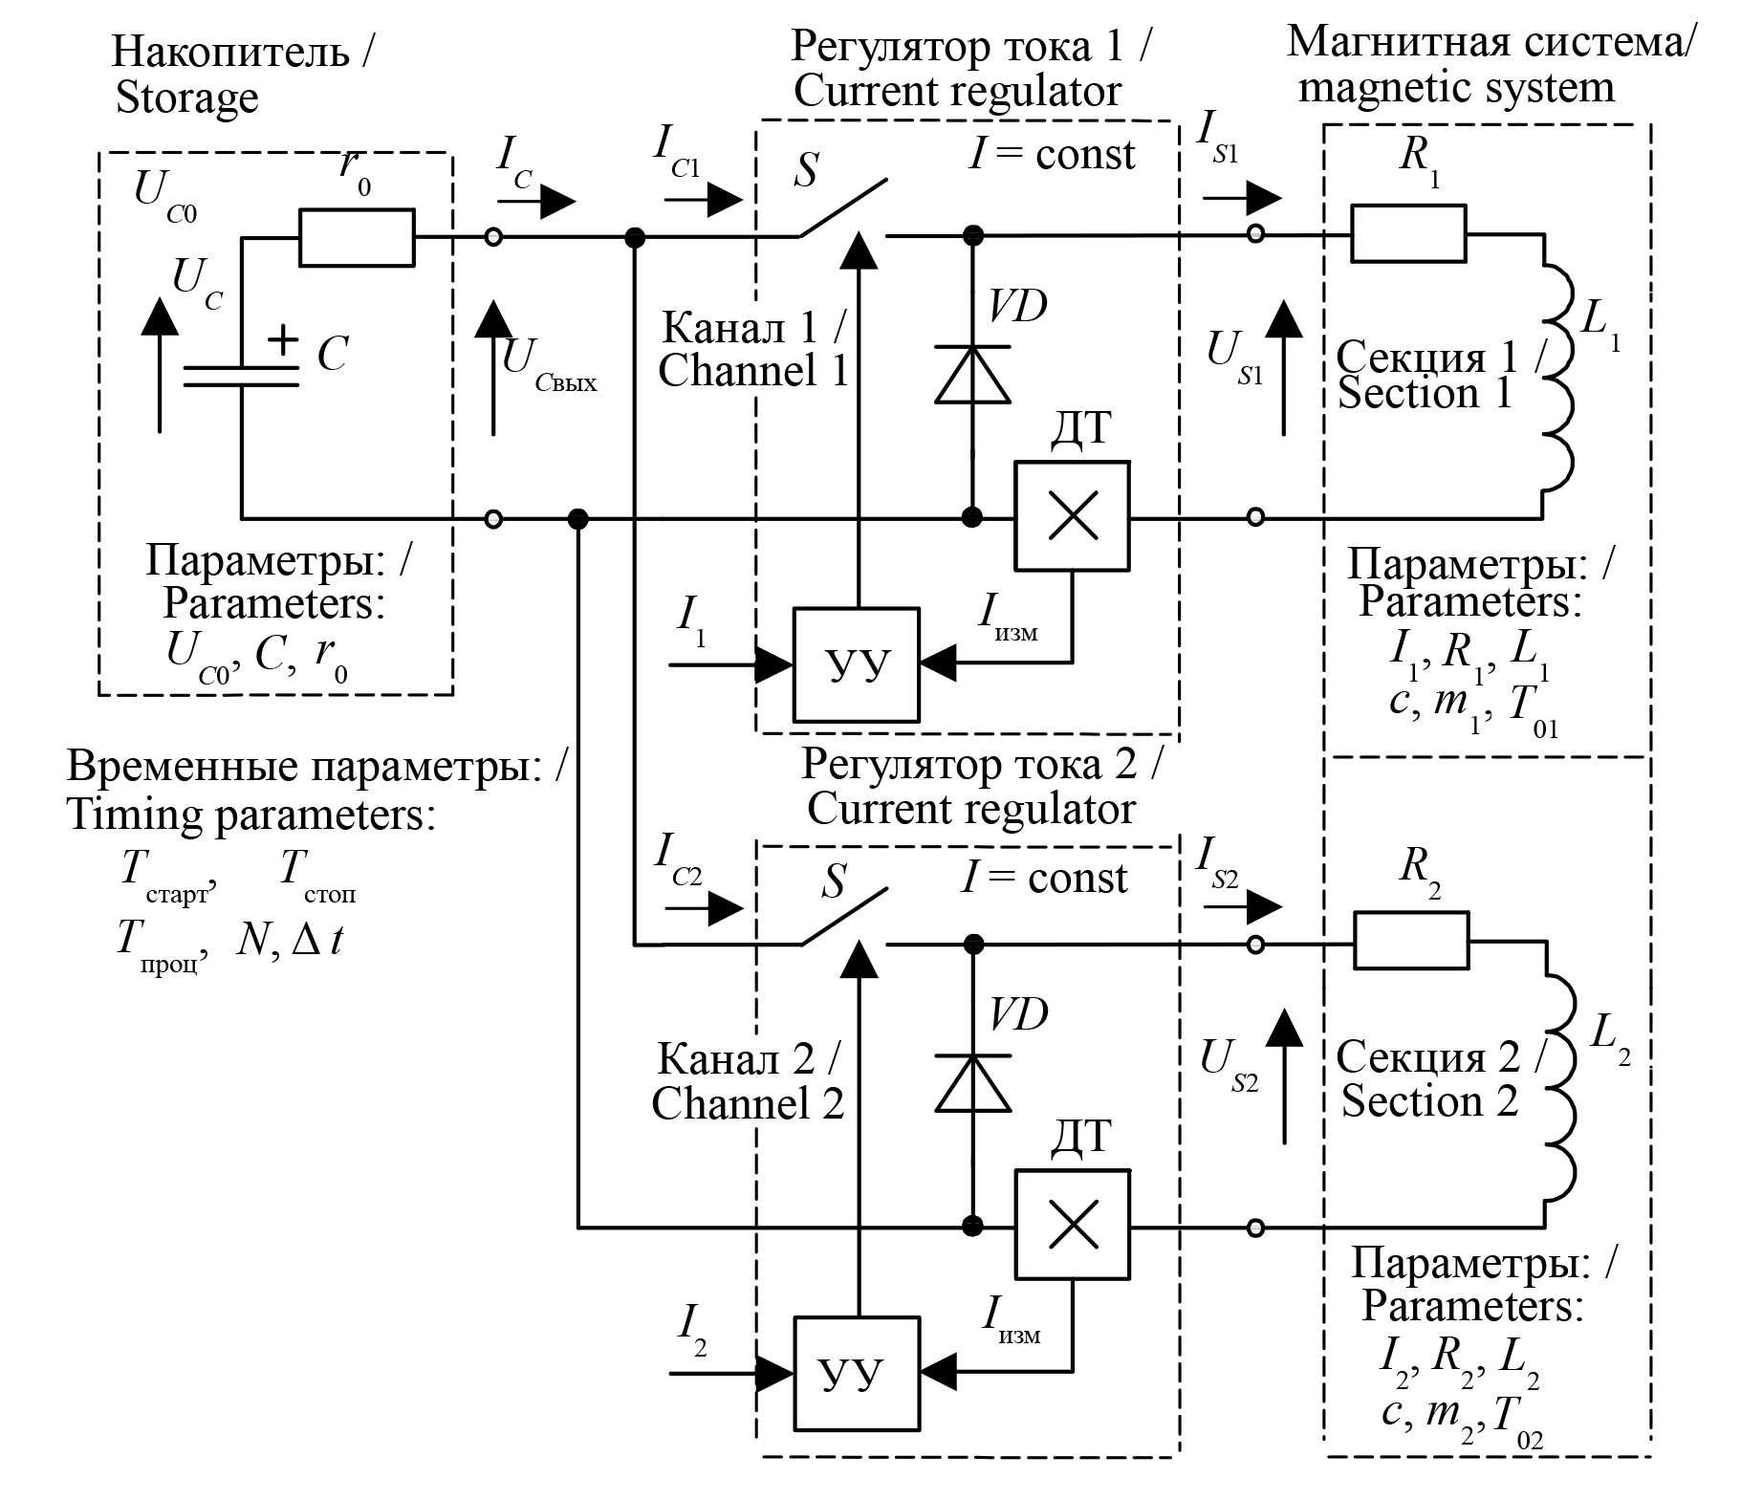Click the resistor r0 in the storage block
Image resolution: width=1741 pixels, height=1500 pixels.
(358, 237)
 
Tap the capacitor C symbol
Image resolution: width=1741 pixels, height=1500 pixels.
(241, 377)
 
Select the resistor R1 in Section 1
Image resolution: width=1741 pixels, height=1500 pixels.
(1407, 233)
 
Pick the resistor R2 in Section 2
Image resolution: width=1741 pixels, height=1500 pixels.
(1410, 941)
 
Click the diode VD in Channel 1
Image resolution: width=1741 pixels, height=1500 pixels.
(972, 375)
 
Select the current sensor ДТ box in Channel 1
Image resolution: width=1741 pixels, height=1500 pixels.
(1072, 516)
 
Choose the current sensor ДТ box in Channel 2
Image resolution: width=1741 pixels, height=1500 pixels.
(1072, 1225)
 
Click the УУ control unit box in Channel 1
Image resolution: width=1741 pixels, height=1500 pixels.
(856, 663)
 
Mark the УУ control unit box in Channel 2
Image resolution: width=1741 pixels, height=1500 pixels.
(857, 1373)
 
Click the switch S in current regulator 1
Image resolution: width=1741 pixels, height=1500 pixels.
(841, 208)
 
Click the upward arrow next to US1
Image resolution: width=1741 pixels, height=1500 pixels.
(1283, 367)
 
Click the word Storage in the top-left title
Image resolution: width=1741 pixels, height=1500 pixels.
(187, 98)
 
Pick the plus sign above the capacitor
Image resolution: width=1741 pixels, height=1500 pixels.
(282, 340)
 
